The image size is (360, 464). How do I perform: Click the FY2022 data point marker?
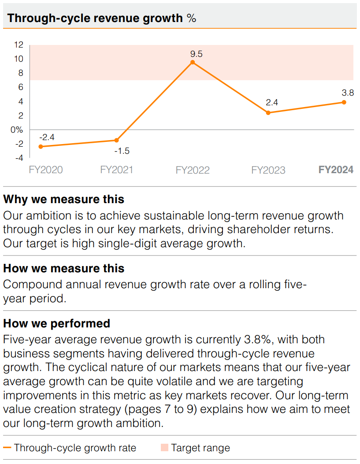pyautogui.click(x=193, y=63)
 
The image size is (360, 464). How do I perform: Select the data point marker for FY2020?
pyautogui.click(x=41, y=146)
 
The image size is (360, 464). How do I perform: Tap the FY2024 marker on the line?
pyautogui.click(x=344, y=102)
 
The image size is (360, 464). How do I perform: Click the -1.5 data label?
pyautogui.click(x=122, y=151)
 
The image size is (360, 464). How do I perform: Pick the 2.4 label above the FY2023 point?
pyautogui.click(x=272, y=103)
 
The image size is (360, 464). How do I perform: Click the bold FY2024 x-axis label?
pyautogui.click(x=336, y=170)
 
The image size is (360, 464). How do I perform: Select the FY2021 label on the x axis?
pyautogui.click(x=116, y=170)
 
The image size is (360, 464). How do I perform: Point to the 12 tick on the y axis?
pyautogui.click(x=19, y=45)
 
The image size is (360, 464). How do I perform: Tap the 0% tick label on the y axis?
pyautogui.click(x=16, y=130)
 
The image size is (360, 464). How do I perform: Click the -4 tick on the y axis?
pyautogui.click(x=19, y=158)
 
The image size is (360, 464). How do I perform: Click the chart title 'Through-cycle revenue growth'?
pyautogui.click(x=95, y=18)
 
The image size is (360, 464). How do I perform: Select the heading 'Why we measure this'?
pyautogui.click(x=64, y=199)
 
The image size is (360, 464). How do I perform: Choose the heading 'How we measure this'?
pyautogui.click(x=64, y=268)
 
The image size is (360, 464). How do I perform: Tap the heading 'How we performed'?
pyautogui.click(x=56, y=323)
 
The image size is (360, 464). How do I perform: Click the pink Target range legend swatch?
pyautogui.click(x=164, y=448)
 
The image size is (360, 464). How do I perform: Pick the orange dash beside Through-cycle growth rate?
pyautogui.click(x=7, y=448)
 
